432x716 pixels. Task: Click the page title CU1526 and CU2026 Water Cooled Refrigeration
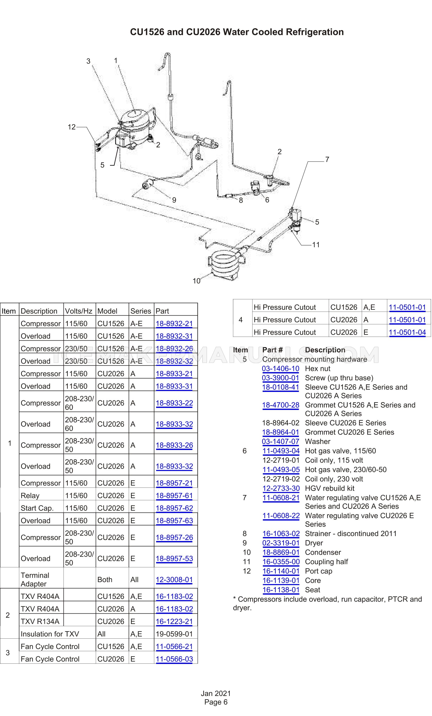(x=236, y=32)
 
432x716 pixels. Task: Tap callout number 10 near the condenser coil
(x=196, y=281)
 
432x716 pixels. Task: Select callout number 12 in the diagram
(x=71, y=127)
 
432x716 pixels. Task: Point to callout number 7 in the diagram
(x=327, y=159)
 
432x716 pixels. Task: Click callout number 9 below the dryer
(x=174, y=200)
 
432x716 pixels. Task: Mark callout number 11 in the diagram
(x=316, y=245)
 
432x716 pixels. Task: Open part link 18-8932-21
(x=174, y=324)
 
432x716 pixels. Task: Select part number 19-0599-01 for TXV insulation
(x=174, y=634)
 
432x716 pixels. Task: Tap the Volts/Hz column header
(x=78, y=311)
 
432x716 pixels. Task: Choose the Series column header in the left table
(x=140, y=311)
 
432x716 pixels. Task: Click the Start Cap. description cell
(x=37, y=508)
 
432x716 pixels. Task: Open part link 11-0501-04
(x=407, y=332)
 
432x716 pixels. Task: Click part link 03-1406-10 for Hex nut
(x=280, y=369)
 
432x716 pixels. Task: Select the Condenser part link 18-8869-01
(x=281, y=552)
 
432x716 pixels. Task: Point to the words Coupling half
(x=326, y=562)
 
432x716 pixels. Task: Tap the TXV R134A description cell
(x=40, y=622)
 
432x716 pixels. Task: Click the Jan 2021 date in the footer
(x=216, y=694)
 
